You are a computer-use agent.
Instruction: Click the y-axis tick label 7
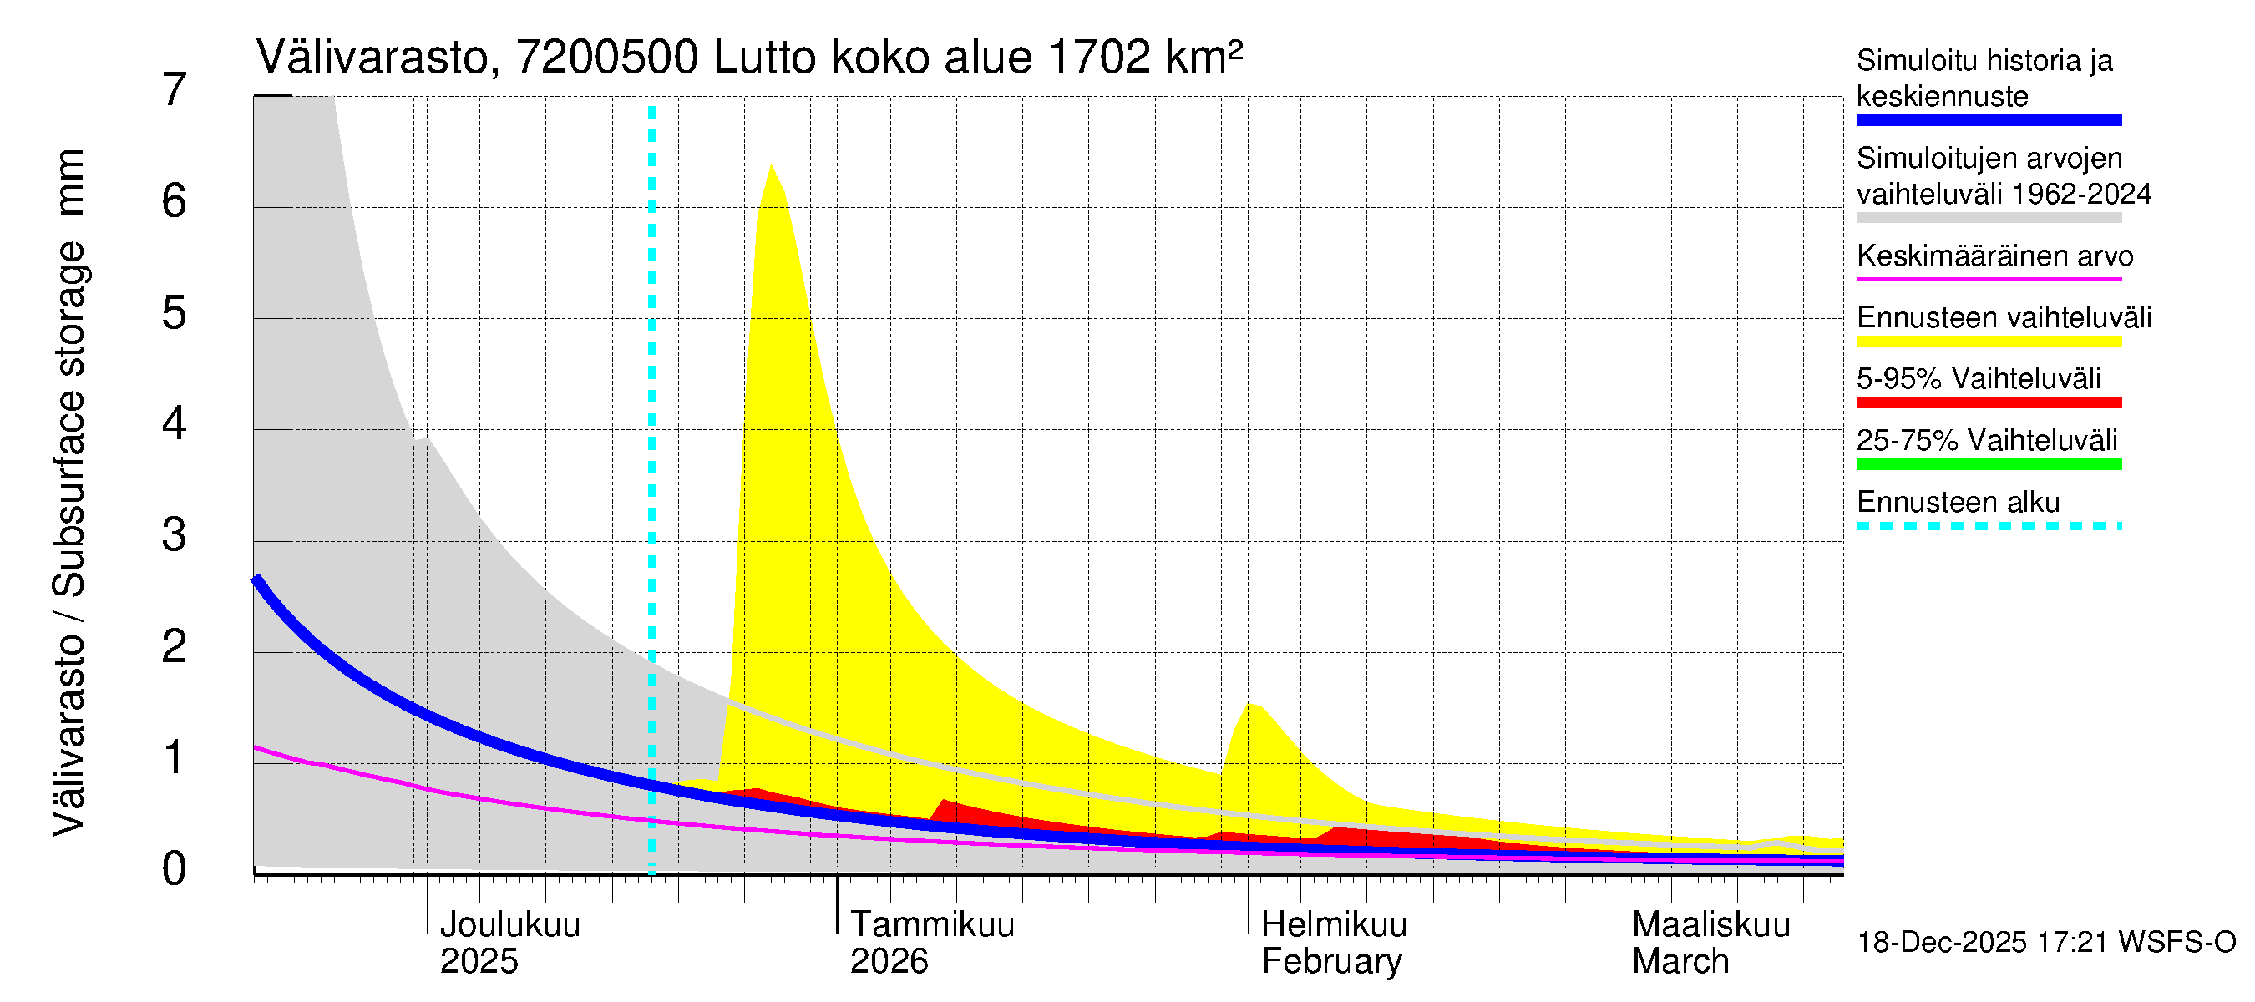[175, 90]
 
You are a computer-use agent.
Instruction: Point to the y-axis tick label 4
[175, 424]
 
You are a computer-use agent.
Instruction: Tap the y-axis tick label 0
[175, 869]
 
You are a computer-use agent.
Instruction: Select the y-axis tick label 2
[175, 646]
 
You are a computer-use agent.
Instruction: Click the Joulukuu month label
[509, 925]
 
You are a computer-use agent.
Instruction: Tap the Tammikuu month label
[932, 925]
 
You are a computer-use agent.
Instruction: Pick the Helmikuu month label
[1334, 925]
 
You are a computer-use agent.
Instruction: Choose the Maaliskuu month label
[1710, 925]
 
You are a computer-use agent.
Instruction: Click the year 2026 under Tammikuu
[889, 962]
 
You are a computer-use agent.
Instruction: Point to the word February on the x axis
[1331, 962]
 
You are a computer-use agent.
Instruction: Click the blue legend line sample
[1988, 121]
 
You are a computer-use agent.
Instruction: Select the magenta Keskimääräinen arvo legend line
[1988, 279]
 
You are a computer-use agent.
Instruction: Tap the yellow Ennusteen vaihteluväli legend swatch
[1988, 342]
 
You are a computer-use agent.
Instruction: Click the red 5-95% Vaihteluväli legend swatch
[1988, 402]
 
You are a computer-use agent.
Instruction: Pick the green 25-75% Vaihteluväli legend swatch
[1988, 465]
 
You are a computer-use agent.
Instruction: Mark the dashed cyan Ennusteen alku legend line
[1988, 526]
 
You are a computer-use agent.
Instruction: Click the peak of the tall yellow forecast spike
[770, 166]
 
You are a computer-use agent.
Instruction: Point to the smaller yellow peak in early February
[1252, 704]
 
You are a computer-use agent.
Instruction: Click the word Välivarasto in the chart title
[371, 58]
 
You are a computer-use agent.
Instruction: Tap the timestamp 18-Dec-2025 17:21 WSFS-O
[2045, 943]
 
